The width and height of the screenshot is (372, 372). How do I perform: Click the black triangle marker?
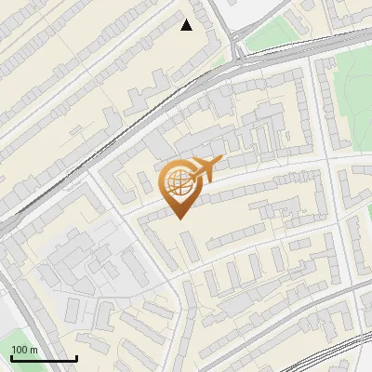pyautogui.click(x=187, y=25)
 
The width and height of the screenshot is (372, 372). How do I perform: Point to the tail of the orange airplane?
pyautogui.click(x=198, y=172)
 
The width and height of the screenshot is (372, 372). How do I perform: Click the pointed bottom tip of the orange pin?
pyautogui.click(x=180, y=219)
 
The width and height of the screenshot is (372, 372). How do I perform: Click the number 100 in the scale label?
pyautogui.click(x=20, y=350)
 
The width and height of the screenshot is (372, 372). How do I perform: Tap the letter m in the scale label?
pyautogui.click(x=35, y=350)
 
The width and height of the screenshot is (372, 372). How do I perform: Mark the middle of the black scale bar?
pyautogui.click(x=43, y=358)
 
